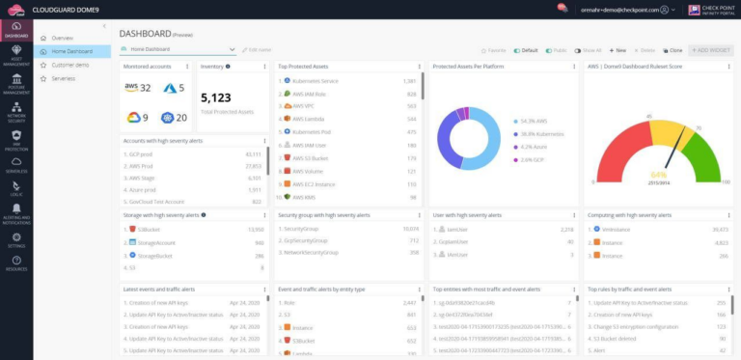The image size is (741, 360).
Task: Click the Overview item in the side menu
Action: (x=62, y=38)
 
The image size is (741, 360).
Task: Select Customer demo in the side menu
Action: (x=70, y=65)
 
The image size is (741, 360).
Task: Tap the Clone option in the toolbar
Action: (x=674, y=49)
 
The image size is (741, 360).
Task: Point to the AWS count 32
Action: (x=145, y=88)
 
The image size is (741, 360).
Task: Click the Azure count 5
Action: (x=180, y=88)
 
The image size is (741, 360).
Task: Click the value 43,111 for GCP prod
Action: (x=254, y=154)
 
